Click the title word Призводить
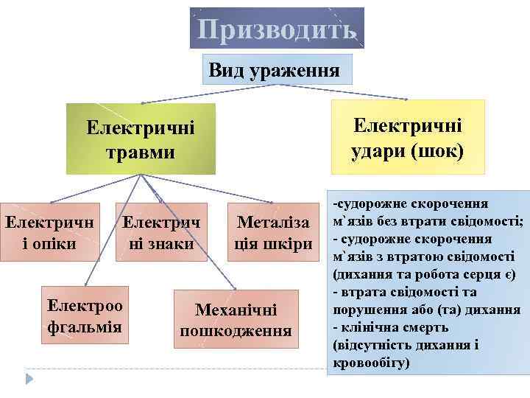[278, 29]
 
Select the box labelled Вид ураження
[275, 71]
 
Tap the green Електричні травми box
[141, 139]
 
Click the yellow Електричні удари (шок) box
[408, 137]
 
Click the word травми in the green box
[141, 153]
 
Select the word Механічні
[236, 310]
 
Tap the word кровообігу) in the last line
[370, 364]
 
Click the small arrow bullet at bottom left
[30, 378]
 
